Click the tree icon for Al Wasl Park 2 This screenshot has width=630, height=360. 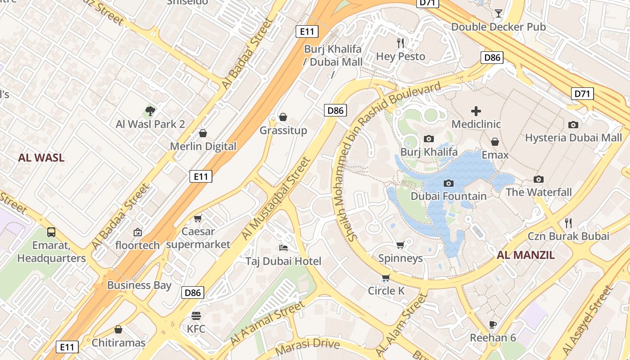tap(150, 111)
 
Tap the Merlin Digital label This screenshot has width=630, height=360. tap(203, 146)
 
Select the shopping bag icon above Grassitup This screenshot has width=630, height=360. tap(283, 117)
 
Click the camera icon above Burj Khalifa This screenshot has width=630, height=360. tap(429, 139)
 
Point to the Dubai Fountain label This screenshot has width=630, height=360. tap(449, 196)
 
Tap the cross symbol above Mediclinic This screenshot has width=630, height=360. tap(476, 111)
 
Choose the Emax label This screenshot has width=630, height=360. tap(495, 155)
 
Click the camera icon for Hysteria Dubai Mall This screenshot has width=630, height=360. tap(573, 125)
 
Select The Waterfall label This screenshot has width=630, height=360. tap(539, 192)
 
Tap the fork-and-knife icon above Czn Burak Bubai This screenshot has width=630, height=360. tap(568, 223)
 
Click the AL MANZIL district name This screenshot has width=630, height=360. tap(526, 256)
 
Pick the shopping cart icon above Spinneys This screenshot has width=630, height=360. tap(400, 245)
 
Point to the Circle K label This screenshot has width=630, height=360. tap(386, 291)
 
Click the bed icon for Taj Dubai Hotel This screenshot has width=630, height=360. tap(283, 248)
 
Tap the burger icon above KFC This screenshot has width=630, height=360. tap(196, 315)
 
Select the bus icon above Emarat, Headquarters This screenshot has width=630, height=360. tap(51, 232)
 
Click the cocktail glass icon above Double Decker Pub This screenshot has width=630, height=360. tap(498, 13)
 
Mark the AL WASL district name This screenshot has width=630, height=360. tap(41, 158)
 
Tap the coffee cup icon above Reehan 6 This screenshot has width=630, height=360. tap(493, 324)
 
